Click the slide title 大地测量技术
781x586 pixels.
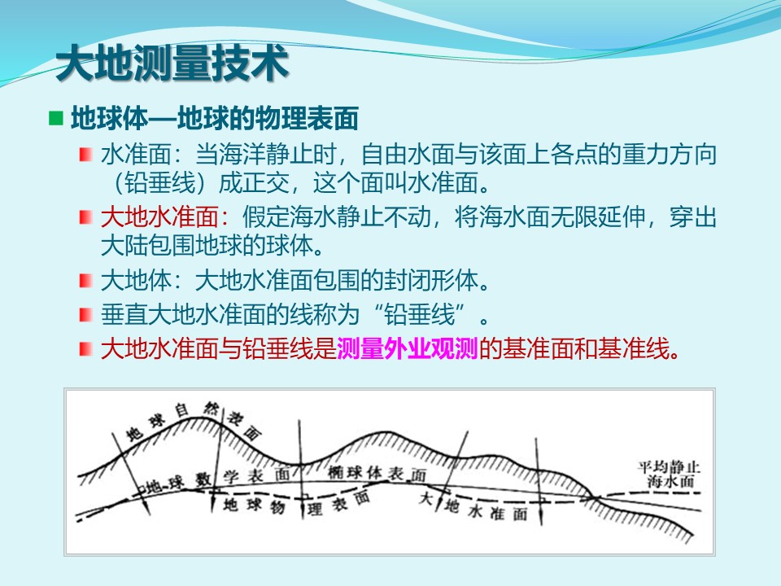pyautogui.click(x=172, y=63)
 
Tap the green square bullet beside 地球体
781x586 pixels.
pyautogui.click(x=56, y=118)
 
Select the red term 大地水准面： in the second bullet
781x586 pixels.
pyautogui.click(x=165, y=217)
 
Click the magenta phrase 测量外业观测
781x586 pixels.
pyautogui.click(x=408, y=348)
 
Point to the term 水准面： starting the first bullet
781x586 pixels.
pyautogui.click(x=142, y=155)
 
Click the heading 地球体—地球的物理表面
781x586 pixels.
pyautogui.click(x=215, y=119)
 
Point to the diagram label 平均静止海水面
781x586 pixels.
pyautogui.click(x=670, y=474)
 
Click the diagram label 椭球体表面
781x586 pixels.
pyautogui.click(x=377, y=473)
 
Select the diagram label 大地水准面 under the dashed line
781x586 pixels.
pyautogui.click(x=473, y=507)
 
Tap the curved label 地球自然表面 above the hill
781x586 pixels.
pyautogui.click(x=194, y=421)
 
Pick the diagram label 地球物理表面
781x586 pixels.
pyautogui.click(x=296, y=504)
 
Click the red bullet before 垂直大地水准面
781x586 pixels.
pyautogui.click(x=85, y=315)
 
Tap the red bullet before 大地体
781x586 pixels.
pyautogui.click(x=85, y=281)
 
